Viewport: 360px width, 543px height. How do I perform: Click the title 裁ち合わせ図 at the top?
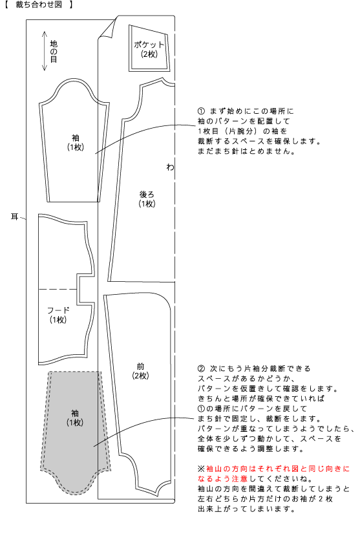pyautogui.click(x=39, y=5)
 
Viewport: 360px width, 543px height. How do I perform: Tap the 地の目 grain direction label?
pyautogui.click(x=54, y=51)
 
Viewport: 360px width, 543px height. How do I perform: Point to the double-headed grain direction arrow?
pyautogui.click(x=45, y=51)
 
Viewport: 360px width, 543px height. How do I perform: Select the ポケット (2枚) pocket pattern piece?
pyautogui.click(x=149, y=48)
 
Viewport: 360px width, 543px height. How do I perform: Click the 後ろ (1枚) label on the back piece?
pyautogui.click(x=147, y=199)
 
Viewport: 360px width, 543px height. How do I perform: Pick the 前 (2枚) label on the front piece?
pyautogui.click(x=140, y=371)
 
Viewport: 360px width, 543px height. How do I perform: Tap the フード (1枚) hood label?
pyautogui.click(x=58, y=315)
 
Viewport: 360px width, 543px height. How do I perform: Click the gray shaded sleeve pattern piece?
pyautogui.click(x=76, y=431)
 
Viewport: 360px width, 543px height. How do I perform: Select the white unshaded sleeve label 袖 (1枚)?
pyautogui.click(x=76, y=143)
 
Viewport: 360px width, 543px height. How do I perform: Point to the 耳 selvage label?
pyautogui.click(x=14, y=217)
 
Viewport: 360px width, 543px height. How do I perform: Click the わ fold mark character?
pyautogui.click(x=170, y=167)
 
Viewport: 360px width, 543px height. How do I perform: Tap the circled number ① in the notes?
pyautogui.click(x=201, y=111)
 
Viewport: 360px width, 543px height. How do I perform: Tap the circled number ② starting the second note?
pyautogui.click(x=201, y=368)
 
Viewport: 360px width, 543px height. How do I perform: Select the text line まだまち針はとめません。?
pyautogui.click(x=246, y=151)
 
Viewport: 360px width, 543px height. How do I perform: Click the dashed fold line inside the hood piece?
pyautogui.click(x=58, y=289)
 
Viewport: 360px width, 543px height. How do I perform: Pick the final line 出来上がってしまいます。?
pyautogui.click(x=246, y=509)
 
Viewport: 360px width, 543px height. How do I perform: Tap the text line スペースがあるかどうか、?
pyautogui.click(x=246, y=379)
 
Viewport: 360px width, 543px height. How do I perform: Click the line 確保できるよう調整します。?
pyautogui.click(x=251, y=449)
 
